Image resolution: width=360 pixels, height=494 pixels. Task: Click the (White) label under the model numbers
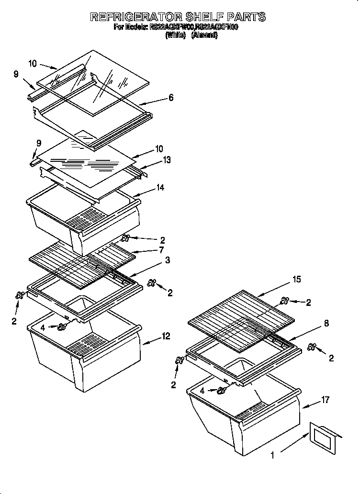pyautogui.click(x=176, y=35)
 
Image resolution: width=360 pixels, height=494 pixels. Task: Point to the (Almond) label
pyautogui.click(x=204, y=35)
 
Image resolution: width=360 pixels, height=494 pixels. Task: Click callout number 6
pyautogui.click(x=170, y=98)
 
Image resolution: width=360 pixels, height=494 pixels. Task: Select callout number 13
pyautogui.click(x=167, y=160)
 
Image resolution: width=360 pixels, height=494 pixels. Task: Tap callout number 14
pyautogui.click(x=160, y=188)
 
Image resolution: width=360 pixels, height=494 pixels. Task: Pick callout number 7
pyautogui.click(x=161, y=250)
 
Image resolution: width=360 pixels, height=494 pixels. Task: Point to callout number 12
pyautogui.click(x=166, y=337)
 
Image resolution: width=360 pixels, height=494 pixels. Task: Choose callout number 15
pyautogui.click(x=297, y=280)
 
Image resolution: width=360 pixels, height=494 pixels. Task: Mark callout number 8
pyautogui.click(x=326, y=324)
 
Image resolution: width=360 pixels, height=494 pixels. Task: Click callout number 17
pyautogui.click(x=326, y=400)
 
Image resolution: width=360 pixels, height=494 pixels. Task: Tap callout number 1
pyautogui.click(x=272, y=456)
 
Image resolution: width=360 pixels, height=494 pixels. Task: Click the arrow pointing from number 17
pyautogui.click(x=311, y=404)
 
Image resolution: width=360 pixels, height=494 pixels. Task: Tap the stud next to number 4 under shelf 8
pyautogui.click(x=222, y=391)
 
